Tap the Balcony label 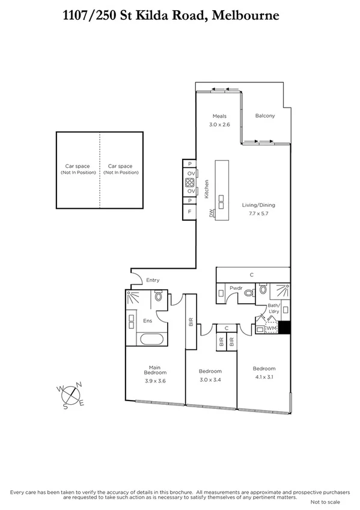pyautogui.click(x=264, y=115)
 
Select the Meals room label pyautogui.click(x=219, y=116)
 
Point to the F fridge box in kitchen pyautogui.click(x=189, y=212)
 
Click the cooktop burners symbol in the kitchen pyautogui.click(x=189, y=183)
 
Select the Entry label pyautogui.click(x=153, y=280)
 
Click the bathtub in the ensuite pyautogui.click(x=155, y=339)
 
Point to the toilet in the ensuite pyautogui.click(x=159, y=296)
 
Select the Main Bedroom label pyautogui.click(x=154, y=369)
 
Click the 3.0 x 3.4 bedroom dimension pyautogui.click(x=210, y=379)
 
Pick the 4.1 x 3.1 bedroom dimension pyautogui.click(x=264, y=377)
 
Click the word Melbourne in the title pyautogui.click(x=250, y=16)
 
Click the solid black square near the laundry pyautogui.click(x=285, y=328)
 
